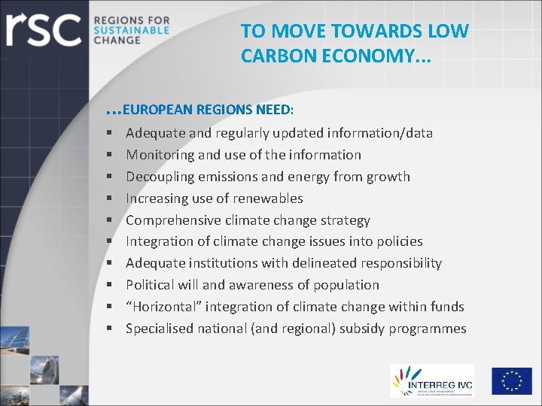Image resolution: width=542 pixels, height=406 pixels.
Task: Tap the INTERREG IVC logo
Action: pyautogui.click(x=431, y=381)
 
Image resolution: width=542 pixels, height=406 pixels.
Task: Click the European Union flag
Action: pyautogui.click(x=512, y=381)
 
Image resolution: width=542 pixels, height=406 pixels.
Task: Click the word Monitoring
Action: pyautogui.click(x=159, y=155)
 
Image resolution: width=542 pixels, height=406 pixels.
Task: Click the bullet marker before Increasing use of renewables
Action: pyautogui.click(x=110, y=198)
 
